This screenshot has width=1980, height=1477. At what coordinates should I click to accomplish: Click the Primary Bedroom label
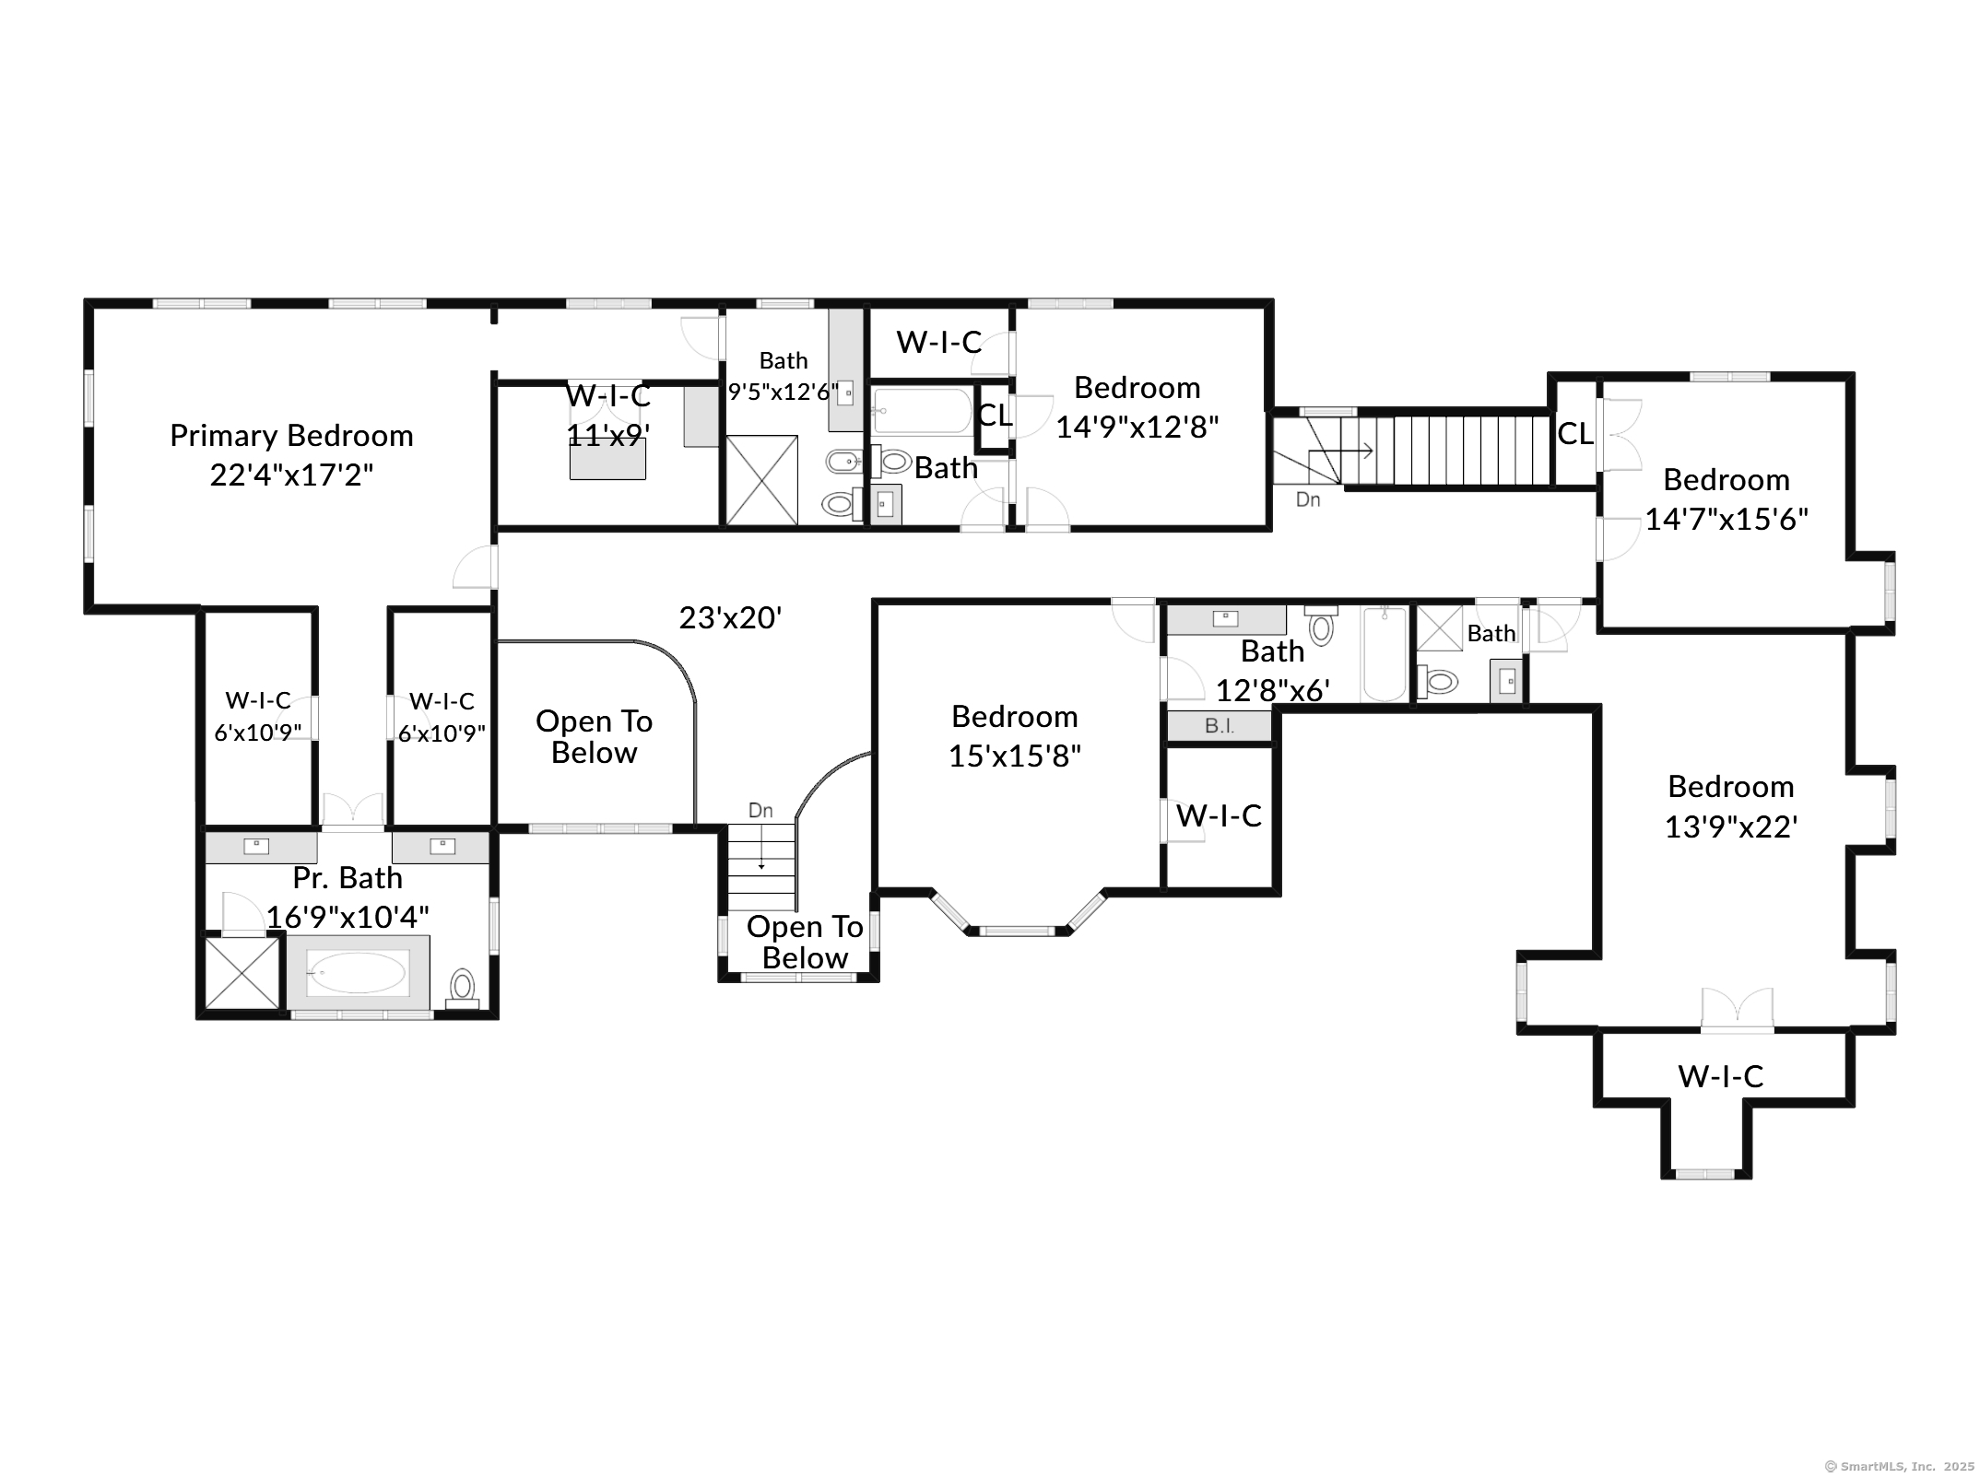coord(291,435)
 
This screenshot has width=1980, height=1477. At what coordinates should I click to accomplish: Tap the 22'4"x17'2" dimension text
coord(291,475)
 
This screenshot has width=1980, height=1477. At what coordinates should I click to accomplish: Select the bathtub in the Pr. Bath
coord(357,973)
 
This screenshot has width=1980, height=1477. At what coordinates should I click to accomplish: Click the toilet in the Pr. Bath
coord(462,986)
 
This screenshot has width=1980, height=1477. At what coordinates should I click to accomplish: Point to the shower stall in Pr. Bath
coord(242,973)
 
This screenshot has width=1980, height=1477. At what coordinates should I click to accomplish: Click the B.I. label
coord(1219,726)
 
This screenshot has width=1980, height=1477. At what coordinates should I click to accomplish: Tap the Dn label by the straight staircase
coord(1307,500)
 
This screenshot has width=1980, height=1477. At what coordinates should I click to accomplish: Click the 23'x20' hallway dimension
coord(730,617)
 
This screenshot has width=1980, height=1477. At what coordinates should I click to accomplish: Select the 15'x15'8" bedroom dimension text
coord(1014,756)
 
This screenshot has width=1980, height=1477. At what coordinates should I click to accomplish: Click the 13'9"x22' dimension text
coord(1730,827)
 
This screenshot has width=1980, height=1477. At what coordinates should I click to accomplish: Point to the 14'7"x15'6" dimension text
coord(1726,520)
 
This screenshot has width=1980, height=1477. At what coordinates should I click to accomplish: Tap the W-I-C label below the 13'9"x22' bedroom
coord(1720,1076)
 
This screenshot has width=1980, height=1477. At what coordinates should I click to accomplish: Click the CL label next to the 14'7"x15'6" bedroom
coord(1574,434)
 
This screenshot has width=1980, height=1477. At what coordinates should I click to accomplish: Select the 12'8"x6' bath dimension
coord(1272,690)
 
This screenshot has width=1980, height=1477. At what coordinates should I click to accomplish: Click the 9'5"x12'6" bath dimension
coord(784,393)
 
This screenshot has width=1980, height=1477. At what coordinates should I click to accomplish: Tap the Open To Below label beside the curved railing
coord(594,737)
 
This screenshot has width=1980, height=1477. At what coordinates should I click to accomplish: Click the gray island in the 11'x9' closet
coord(607,459)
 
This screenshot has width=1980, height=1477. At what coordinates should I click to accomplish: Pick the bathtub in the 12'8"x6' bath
coord(1384,654)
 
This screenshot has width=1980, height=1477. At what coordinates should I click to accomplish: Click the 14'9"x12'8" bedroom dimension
coord(1137,428)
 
